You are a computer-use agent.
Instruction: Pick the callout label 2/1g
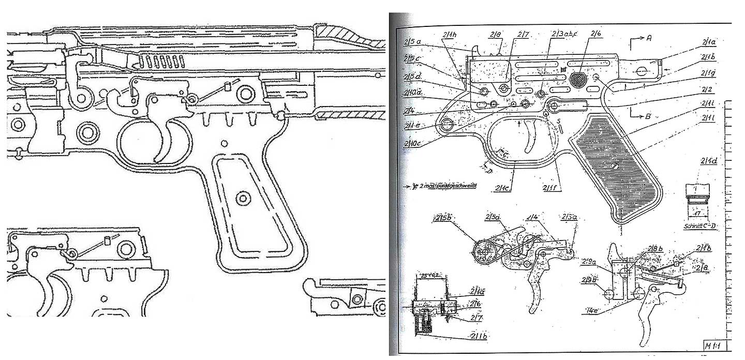coord(707,73)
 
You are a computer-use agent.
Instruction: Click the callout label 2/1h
coord(449,35)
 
